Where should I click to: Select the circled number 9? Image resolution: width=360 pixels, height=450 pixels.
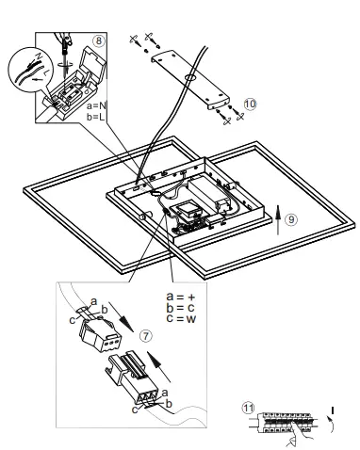coord(291,218)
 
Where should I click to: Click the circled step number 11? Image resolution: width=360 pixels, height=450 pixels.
coord(248,409)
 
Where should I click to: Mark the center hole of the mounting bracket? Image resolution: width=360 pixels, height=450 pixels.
coord(190,74)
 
